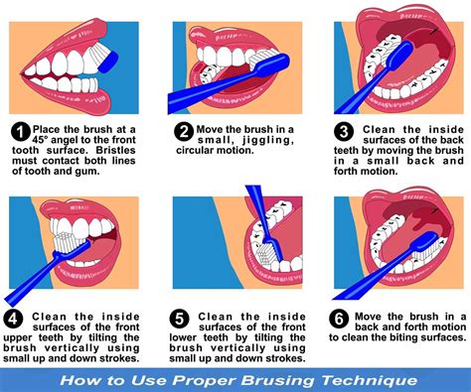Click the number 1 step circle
[x=19, y=131]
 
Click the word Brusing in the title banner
[x=275, y=380]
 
